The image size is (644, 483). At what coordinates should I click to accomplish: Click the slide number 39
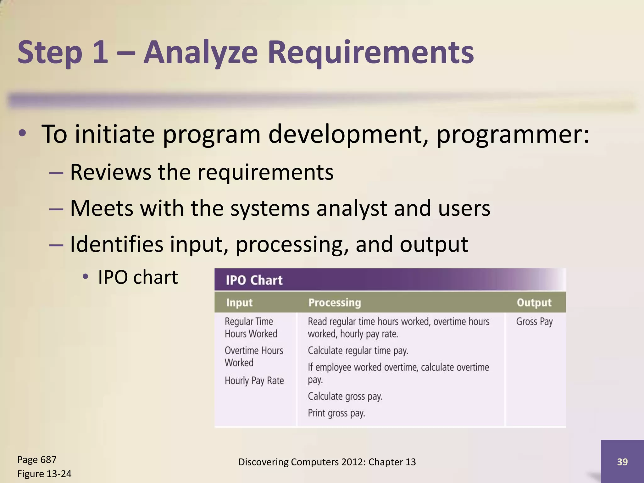tap(622, 462)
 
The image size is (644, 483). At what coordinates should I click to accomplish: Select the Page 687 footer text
tap(37, 460)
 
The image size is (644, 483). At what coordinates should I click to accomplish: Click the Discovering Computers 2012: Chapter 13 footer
tap(327, 462)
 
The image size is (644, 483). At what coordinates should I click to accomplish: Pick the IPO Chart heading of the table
tap(254, 280)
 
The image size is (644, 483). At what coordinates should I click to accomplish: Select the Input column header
tap(239, 303)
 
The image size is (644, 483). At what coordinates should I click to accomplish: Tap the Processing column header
tap(335, 303)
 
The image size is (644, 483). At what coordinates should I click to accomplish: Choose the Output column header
tap(534, 303)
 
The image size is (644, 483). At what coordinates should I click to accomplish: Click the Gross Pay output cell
tap(534, 322)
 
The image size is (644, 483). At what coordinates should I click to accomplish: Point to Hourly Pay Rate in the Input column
tap(254, 381)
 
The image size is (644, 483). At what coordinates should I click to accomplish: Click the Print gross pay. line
tap(336, 413)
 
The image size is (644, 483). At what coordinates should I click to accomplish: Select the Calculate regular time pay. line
tap(358, 351)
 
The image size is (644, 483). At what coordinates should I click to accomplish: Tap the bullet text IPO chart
tap(138, 277)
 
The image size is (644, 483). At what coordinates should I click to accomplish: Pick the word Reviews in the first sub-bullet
tap(110, 172)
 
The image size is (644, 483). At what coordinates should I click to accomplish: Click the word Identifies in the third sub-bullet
tap(116, 244)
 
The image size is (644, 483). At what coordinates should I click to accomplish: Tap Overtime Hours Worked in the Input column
tap(253, 357)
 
